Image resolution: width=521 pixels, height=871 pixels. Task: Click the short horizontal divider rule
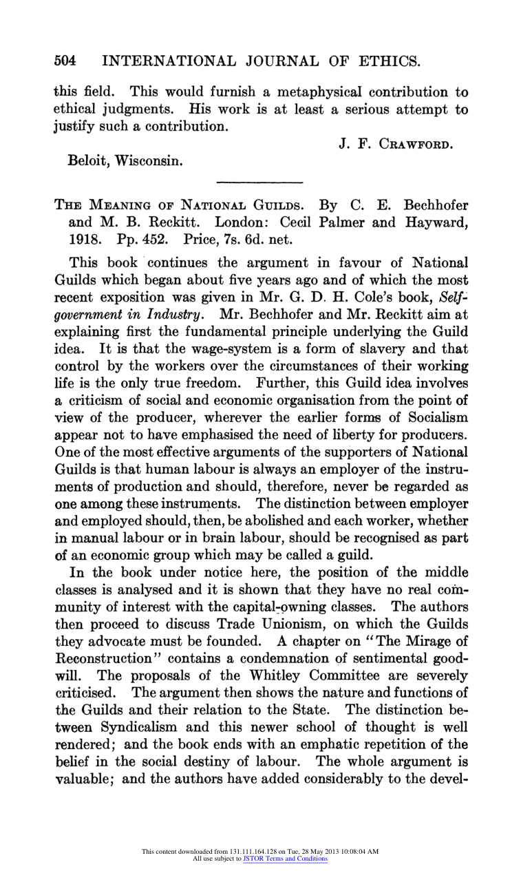coord(259,182)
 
